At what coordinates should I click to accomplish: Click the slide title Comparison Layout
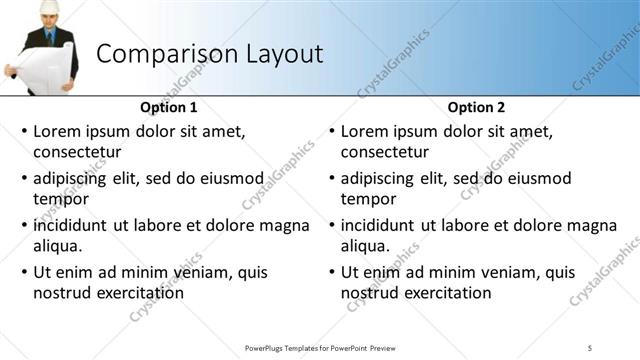209,53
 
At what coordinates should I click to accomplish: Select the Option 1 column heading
169,107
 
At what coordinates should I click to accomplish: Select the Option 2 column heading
476,107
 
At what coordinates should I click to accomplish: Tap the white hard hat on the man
47,8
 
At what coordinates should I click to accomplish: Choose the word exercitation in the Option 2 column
444,293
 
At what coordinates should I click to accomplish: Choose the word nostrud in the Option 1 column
64,293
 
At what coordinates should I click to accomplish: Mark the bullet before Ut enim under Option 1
24,272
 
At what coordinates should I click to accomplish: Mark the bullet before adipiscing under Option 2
331,179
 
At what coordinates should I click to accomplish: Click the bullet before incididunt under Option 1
24,225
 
